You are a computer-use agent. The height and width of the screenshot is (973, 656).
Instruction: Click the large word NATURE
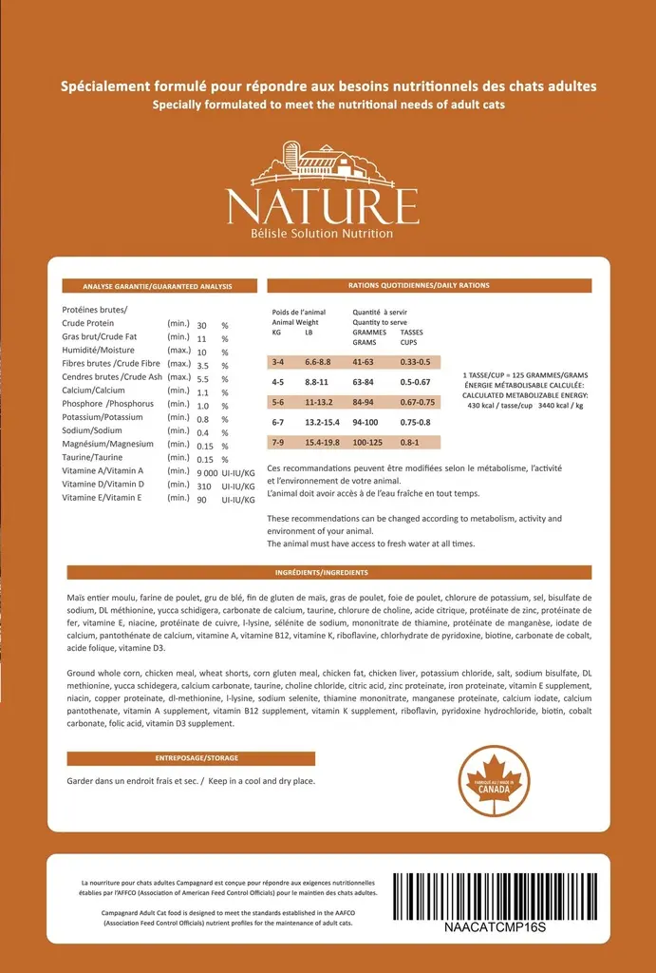pyautogui.click(x=322, y=206)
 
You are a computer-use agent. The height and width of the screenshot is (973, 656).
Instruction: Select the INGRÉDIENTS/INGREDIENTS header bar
pyautogui.click(x=328, y=572)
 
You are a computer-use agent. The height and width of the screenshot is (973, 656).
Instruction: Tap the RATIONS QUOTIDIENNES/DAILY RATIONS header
pyautogui.click(x=429, y=285)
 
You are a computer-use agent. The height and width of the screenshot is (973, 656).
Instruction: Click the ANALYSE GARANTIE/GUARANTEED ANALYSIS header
pyautogui.click(x=157, y=285)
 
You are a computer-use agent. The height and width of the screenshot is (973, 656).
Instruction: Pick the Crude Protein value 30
pyautogui.click(x=202, y=325)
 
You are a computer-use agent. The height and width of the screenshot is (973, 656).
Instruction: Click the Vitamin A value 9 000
pyautogui.click(x=207, y=472)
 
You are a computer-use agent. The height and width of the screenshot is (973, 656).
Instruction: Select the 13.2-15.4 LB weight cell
pyautogui.click(x=322, y=422)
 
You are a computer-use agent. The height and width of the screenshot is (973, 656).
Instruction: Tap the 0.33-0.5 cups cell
pyautogui.click(x=415, y=362)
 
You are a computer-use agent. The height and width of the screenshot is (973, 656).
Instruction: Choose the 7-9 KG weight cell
pyautogui.click(x=278, y=442)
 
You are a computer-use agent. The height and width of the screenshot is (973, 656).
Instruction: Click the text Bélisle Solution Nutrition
pyautogui.click(x=322, y=234)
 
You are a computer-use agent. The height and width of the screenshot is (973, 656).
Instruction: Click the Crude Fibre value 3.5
pyautogui.click(x=202, y=365)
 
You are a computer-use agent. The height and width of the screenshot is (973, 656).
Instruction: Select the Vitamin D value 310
pyautogui.click(x=203, y=486)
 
